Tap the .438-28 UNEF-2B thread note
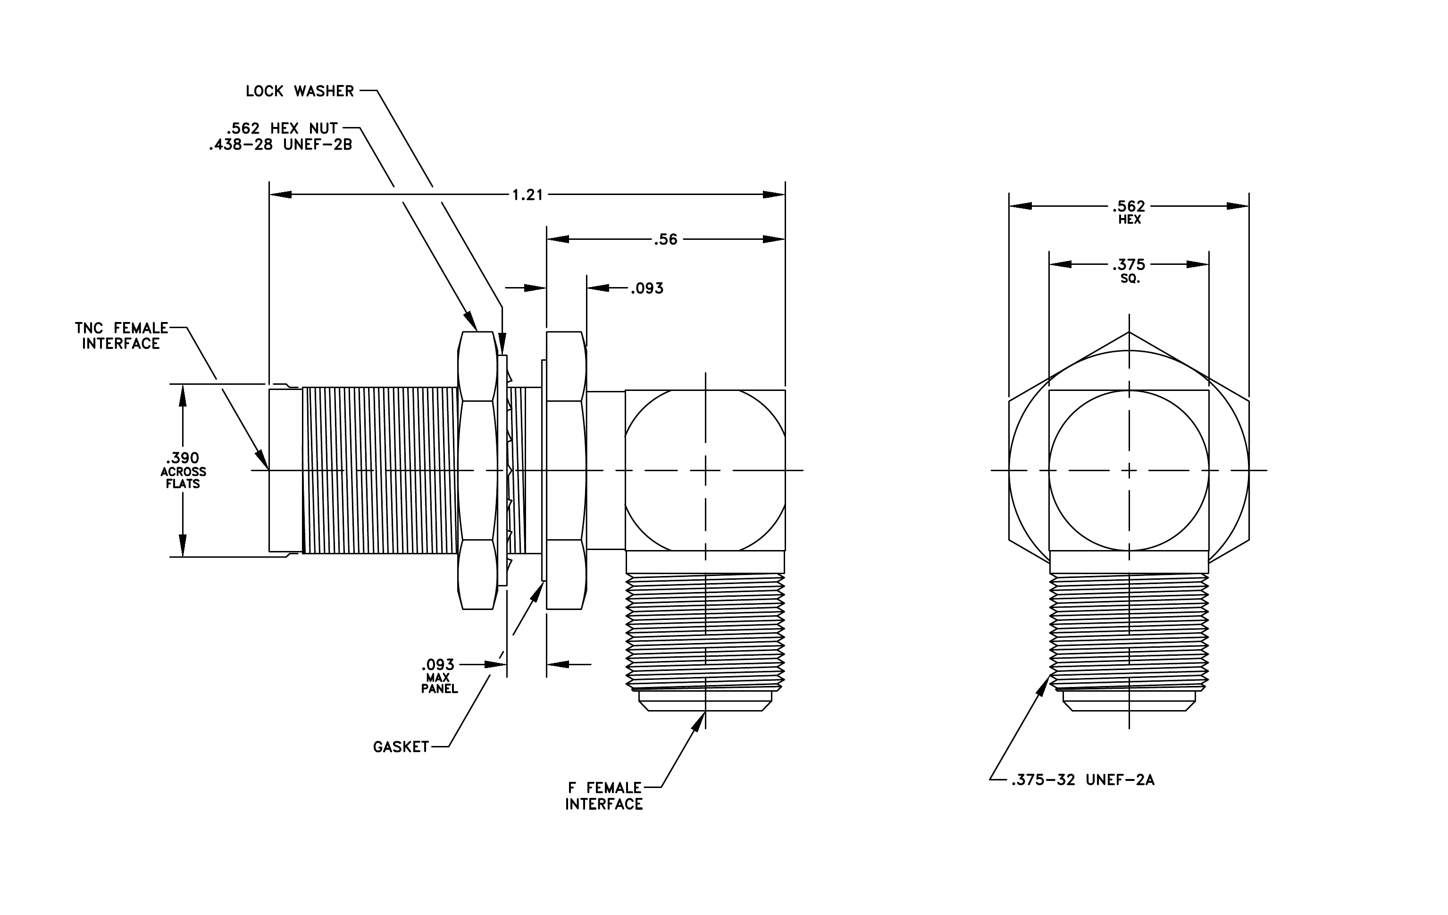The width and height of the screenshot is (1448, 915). pyautogui.click(x=280, y=144)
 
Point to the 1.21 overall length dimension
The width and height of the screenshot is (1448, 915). pyautogui.click(x=527, y=195)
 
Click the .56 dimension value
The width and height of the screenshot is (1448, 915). pyautogui.click(x=666, y=239)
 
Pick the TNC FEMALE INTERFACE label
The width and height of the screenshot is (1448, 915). pyautogui.click(x=121, y=336)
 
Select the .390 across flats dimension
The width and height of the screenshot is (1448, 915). pyautogui.click(x=183, y=470)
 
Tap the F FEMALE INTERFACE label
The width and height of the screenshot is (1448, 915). pyautogui.click(x=604, y=796)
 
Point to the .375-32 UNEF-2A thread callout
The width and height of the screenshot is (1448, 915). pyautogui.click(x=1083, y=780)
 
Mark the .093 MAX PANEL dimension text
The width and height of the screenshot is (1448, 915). pyautogui.click(x=438, y=676)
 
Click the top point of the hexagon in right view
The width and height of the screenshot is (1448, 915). pyautogui.click(x=1129, y=331)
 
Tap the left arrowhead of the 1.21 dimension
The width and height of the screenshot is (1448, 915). pyautogui.click(x=280, y=195)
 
